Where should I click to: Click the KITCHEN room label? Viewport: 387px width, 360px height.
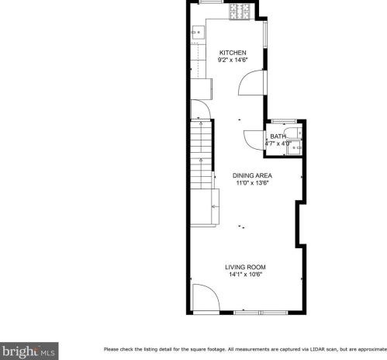(232, 53)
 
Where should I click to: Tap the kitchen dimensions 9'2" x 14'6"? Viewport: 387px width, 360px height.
(232, 61)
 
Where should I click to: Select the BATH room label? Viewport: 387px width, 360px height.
(278, 137)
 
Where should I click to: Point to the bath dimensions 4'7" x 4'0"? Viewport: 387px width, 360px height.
(278, 144)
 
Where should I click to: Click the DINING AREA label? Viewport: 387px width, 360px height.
(253, 176)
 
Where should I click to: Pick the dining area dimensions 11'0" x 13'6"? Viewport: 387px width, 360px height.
(253, 184)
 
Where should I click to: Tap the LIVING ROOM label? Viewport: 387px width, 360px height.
(246, 267)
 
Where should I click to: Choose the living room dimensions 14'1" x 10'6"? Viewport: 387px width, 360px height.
(246, 275)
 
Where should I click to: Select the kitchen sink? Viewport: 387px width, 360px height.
(199, 32)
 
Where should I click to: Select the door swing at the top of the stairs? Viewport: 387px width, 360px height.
(199, 111)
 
